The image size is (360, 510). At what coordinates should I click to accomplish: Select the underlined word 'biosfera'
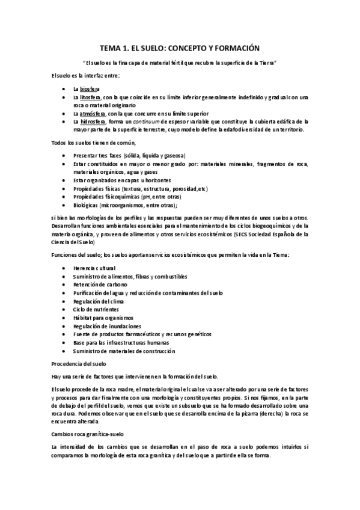[x=90, y=88]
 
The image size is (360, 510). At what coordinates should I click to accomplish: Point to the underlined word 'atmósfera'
[x=93, y=113]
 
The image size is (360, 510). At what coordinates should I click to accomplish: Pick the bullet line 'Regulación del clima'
[x=99, y=300]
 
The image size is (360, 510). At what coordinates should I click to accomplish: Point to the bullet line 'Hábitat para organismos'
[x=103, y=317]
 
